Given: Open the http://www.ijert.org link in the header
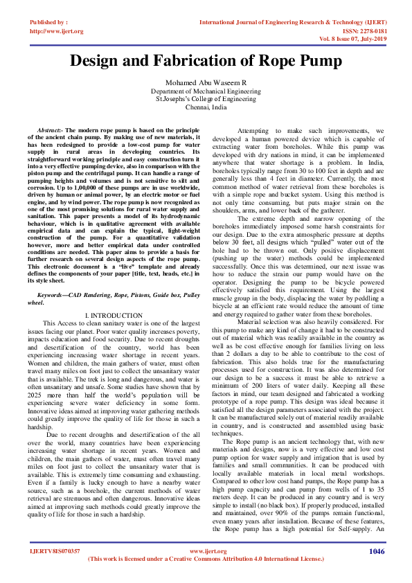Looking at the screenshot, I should pos(57,31).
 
